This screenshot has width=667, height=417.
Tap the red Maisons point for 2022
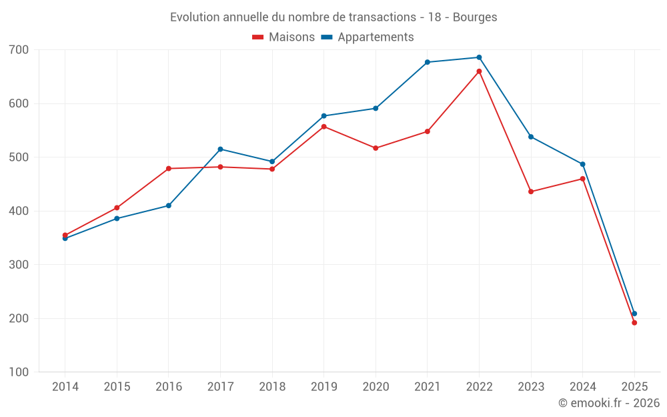point(479,71)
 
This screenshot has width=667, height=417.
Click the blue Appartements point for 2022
point(479,57)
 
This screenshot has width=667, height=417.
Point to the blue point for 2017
point(220,149)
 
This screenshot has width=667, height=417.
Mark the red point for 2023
point(531,191)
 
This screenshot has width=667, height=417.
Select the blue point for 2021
point(428,62)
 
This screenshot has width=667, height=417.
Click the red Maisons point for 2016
point(169,169)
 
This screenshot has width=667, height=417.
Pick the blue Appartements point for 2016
point(169,205)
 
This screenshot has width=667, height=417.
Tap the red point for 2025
point(634,323)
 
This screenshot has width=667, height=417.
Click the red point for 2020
point(376,148)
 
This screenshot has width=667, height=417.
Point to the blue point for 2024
point(582,164)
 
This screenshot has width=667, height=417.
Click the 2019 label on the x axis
point(324,387)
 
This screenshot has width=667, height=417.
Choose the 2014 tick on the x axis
point(65,387)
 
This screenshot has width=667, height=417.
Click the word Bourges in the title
point(475,17)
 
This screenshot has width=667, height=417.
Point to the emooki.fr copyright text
point(608,403)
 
